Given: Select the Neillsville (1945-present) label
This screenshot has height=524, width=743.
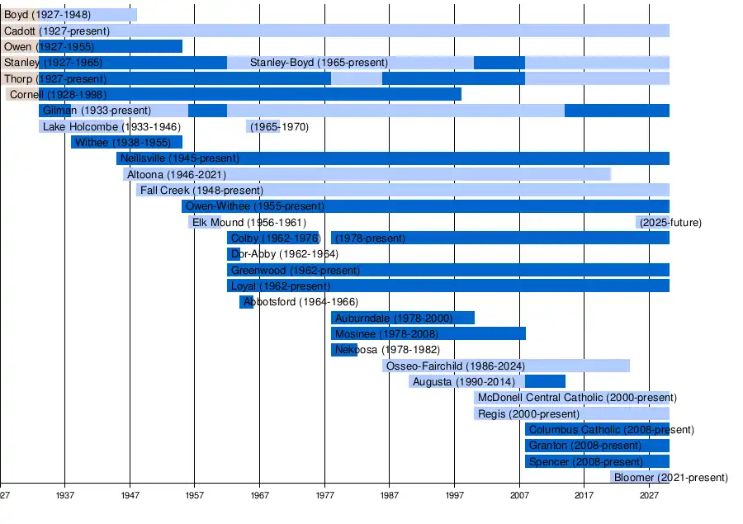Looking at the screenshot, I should [x=179, y=158].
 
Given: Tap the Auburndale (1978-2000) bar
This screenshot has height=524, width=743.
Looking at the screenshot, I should [x=403, y=318].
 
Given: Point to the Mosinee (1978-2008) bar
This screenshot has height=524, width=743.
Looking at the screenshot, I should [x=428, y=333].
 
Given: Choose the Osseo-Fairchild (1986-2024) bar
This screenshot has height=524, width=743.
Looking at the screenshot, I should [x=506, y=366].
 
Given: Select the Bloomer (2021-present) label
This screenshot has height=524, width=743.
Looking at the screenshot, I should [x=670, y=477].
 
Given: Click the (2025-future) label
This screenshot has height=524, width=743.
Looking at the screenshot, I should [x=670, y=223].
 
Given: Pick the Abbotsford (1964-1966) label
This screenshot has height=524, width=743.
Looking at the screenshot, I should [x=301, y=302].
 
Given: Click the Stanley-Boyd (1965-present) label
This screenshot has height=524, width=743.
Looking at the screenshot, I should [x=319, y=63].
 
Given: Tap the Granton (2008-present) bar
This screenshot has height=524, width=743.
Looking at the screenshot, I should [x=597, y=446].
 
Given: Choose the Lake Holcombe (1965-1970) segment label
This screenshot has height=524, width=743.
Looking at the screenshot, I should [x=278, y=127].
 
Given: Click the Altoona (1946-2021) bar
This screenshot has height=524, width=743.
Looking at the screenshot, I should [x=367, y=174].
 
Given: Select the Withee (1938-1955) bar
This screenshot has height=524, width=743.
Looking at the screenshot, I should [x=126, y=142].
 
